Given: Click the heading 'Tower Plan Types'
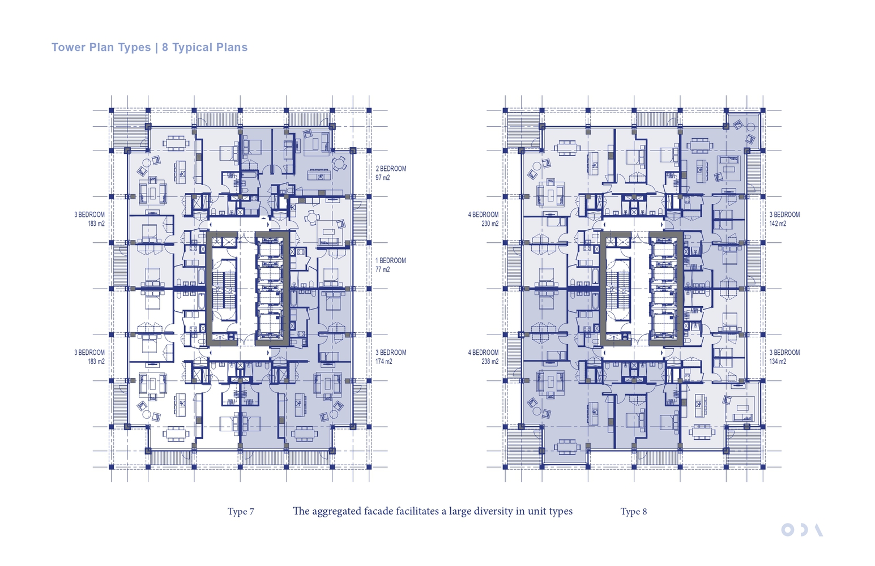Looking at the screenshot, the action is point(101,47).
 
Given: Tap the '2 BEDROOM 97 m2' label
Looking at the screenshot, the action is point(391,173).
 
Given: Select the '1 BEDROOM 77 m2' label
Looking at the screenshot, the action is point(391,265).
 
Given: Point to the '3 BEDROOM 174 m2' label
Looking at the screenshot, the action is point(391,357).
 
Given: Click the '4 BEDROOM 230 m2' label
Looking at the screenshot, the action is point(483,219).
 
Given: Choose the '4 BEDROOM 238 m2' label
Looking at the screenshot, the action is point(483,357).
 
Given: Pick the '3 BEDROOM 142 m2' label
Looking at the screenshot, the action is point(784,219).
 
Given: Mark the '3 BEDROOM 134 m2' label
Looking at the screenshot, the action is point(784,357).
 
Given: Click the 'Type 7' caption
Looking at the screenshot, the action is point(241,511).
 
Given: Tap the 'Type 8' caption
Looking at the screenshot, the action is point(634,511).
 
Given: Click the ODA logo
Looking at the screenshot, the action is point(802,530).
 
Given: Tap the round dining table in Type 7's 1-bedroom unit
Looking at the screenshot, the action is point(312,217).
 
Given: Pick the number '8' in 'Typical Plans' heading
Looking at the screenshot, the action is point(165,47).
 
